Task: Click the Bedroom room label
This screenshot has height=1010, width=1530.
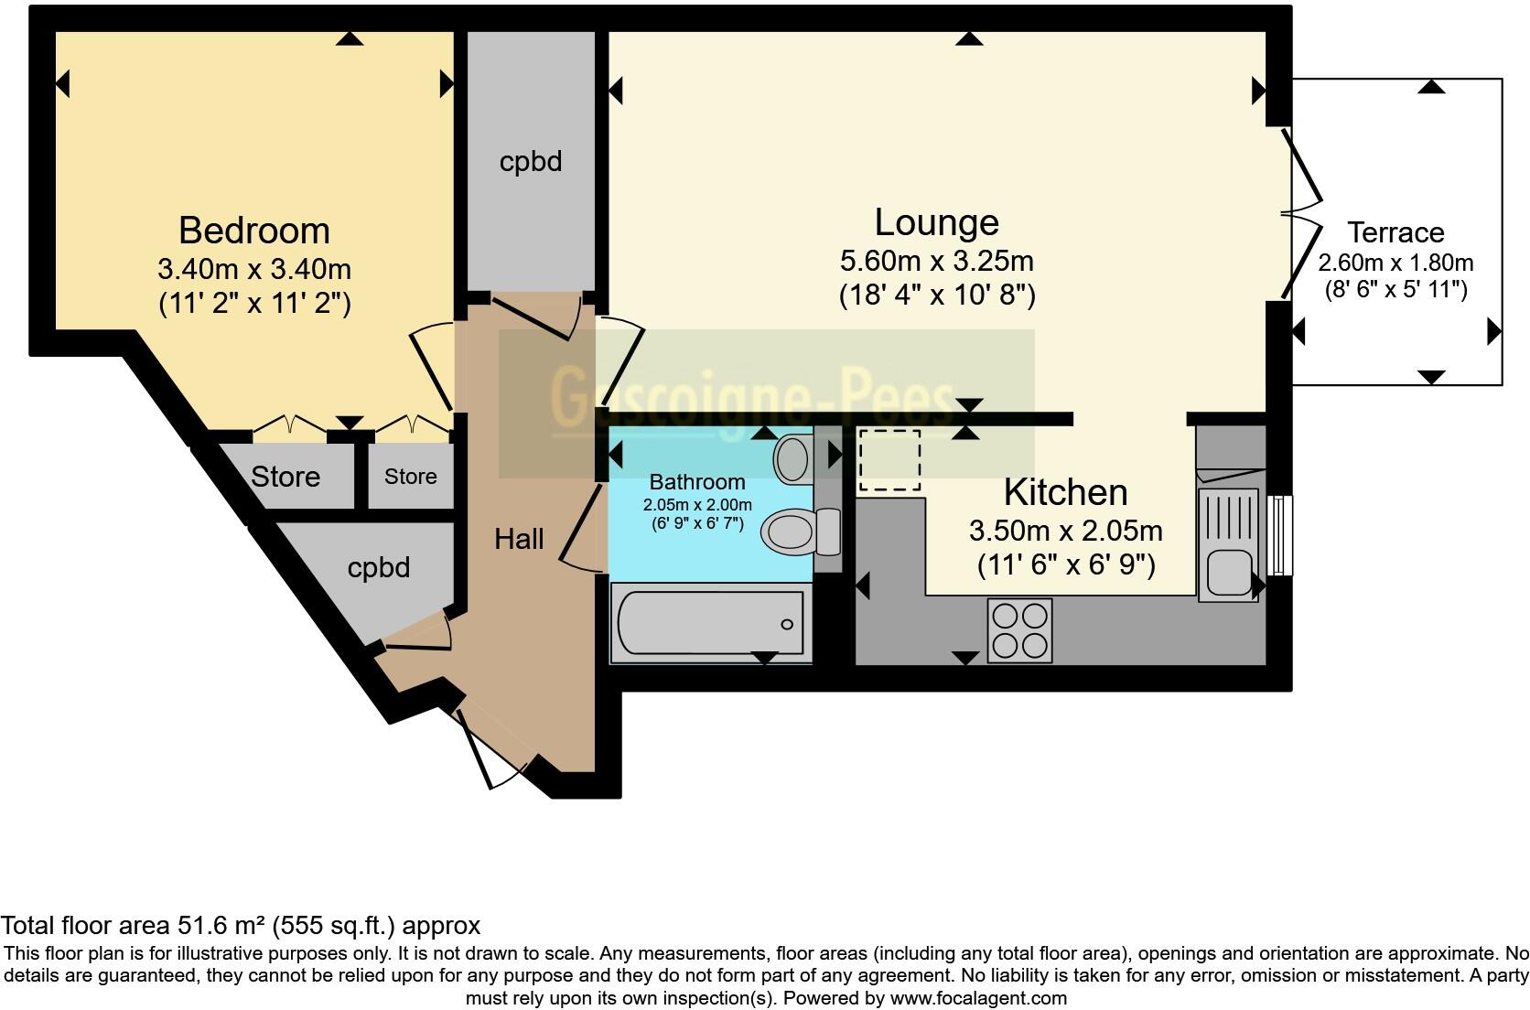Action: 253,231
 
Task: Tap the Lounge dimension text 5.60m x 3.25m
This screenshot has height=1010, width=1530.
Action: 936,261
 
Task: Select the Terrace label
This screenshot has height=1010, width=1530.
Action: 1395,232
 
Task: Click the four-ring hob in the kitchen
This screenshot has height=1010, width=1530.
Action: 1019,629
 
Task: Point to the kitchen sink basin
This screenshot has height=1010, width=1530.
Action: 1227,573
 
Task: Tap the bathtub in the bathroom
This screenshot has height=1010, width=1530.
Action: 710,624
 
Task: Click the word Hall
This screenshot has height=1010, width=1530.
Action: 519,539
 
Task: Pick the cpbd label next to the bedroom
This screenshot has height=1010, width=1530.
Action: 531,162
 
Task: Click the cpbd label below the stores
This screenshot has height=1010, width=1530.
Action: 379,568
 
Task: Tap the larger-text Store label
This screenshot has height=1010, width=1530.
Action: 286,477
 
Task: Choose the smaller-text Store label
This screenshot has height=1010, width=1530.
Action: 410,477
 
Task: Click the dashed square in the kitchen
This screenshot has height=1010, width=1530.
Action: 889,460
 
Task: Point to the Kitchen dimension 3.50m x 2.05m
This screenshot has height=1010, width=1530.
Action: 1065,531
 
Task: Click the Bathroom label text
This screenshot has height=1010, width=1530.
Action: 697,482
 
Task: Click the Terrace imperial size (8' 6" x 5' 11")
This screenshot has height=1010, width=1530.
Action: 1395,290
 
